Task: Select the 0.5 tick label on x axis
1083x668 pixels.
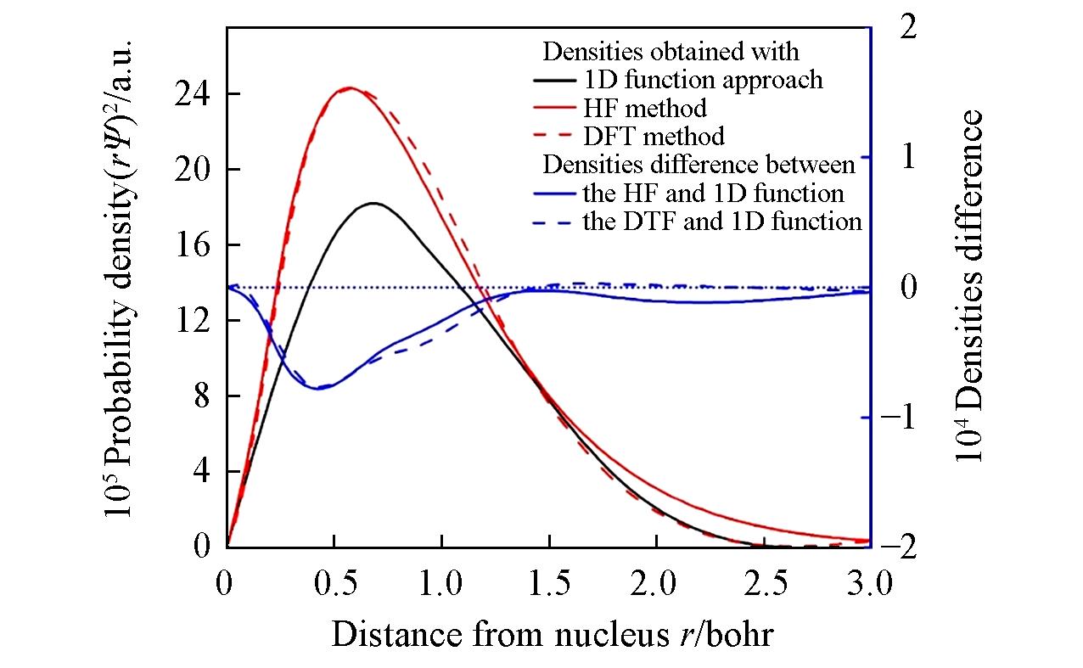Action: tap(334, 586)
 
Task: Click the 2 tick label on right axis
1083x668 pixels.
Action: tap(906, 28)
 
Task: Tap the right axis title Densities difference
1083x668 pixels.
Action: tap(970, 286)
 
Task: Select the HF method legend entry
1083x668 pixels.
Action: tap(645, 108)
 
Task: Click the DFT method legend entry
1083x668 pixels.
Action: tap(654, 136)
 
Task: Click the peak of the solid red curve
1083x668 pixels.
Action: tap(349, 87)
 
